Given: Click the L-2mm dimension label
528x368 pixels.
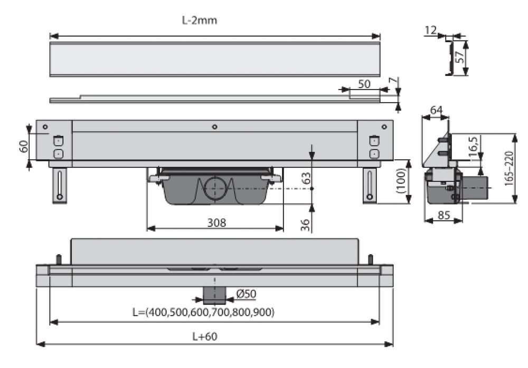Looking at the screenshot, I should point(199,21).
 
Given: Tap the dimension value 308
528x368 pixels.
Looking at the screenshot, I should point(216,222).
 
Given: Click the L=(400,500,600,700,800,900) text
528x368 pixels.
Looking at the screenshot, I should point(203,313).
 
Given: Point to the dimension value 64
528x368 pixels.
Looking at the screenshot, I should point(436,110).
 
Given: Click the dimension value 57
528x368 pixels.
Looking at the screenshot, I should point(460,56).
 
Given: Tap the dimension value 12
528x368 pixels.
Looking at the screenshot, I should point(430,31).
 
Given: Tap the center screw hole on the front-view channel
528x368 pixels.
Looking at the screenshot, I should point(214,127).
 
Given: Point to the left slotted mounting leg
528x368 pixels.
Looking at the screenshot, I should point(59,185).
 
